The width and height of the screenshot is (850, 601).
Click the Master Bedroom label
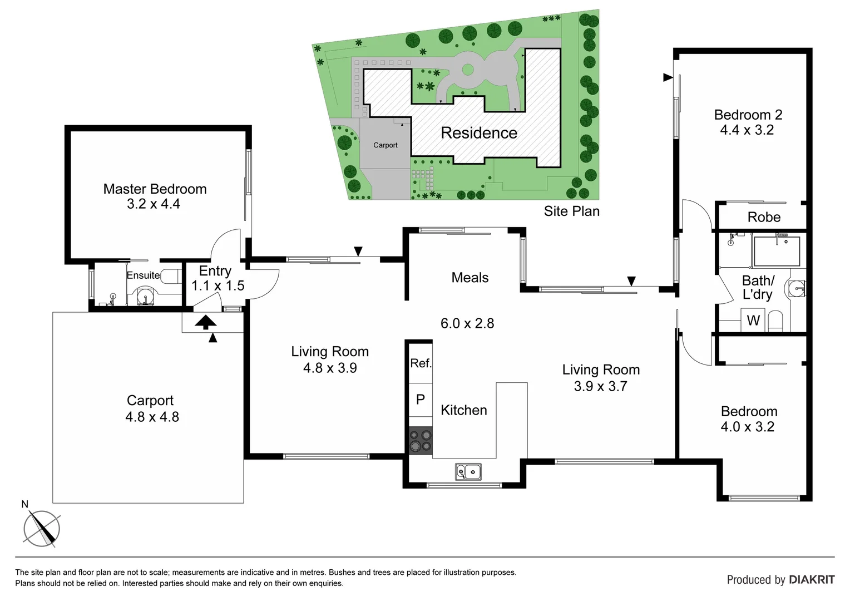pyautogui.click(x=155, y=189)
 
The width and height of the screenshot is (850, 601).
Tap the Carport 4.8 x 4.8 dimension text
pyautogui.click(x=152, y=417)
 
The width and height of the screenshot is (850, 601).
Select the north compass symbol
pyautogui.click(x=42, y=528)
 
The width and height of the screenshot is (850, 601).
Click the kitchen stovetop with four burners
pyautogui.click(x=421, y=440)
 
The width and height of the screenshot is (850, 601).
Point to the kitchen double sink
pyautogui.click(x=468, y=472)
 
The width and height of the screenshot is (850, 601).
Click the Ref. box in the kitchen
pyautogui.click(x=421, y=363)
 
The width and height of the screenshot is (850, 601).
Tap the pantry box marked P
pyautogui.click(x=421, y=400)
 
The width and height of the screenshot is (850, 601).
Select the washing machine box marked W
pyautogui.click(x=753, y=321)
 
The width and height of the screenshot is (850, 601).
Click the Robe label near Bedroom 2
pyautogui.click(x=764, y=217)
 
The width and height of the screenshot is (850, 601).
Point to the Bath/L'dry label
pyautogui.click(x=758, y=287)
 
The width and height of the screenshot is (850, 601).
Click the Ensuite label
pyautogui.click(x=143, y=275)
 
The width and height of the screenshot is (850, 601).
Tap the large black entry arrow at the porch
pyautogui.click(x=205, y=322)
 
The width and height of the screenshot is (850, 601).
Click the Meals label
pyautogui.click(x=470, y=278)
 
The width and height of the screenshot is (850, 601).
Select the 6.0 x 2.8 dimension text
pyautogui.click(x=467, y=323)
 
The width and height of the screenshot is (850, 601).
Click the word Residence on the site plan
pyautogui.click(x=479, y=133)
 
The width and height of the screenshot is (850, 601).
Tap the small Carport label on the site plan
pyautogui.click(x=385, y=145)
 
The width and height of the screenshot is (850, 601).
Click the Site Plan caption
pyautogui.click(x=571, y=211)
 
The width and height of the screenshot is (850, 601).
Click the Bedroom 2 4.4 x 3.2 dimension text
pyautogui.click(x=747, y=130)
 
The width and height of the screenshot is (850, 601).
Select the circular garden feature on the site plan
pyautogui.click(x=468, y=70)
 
